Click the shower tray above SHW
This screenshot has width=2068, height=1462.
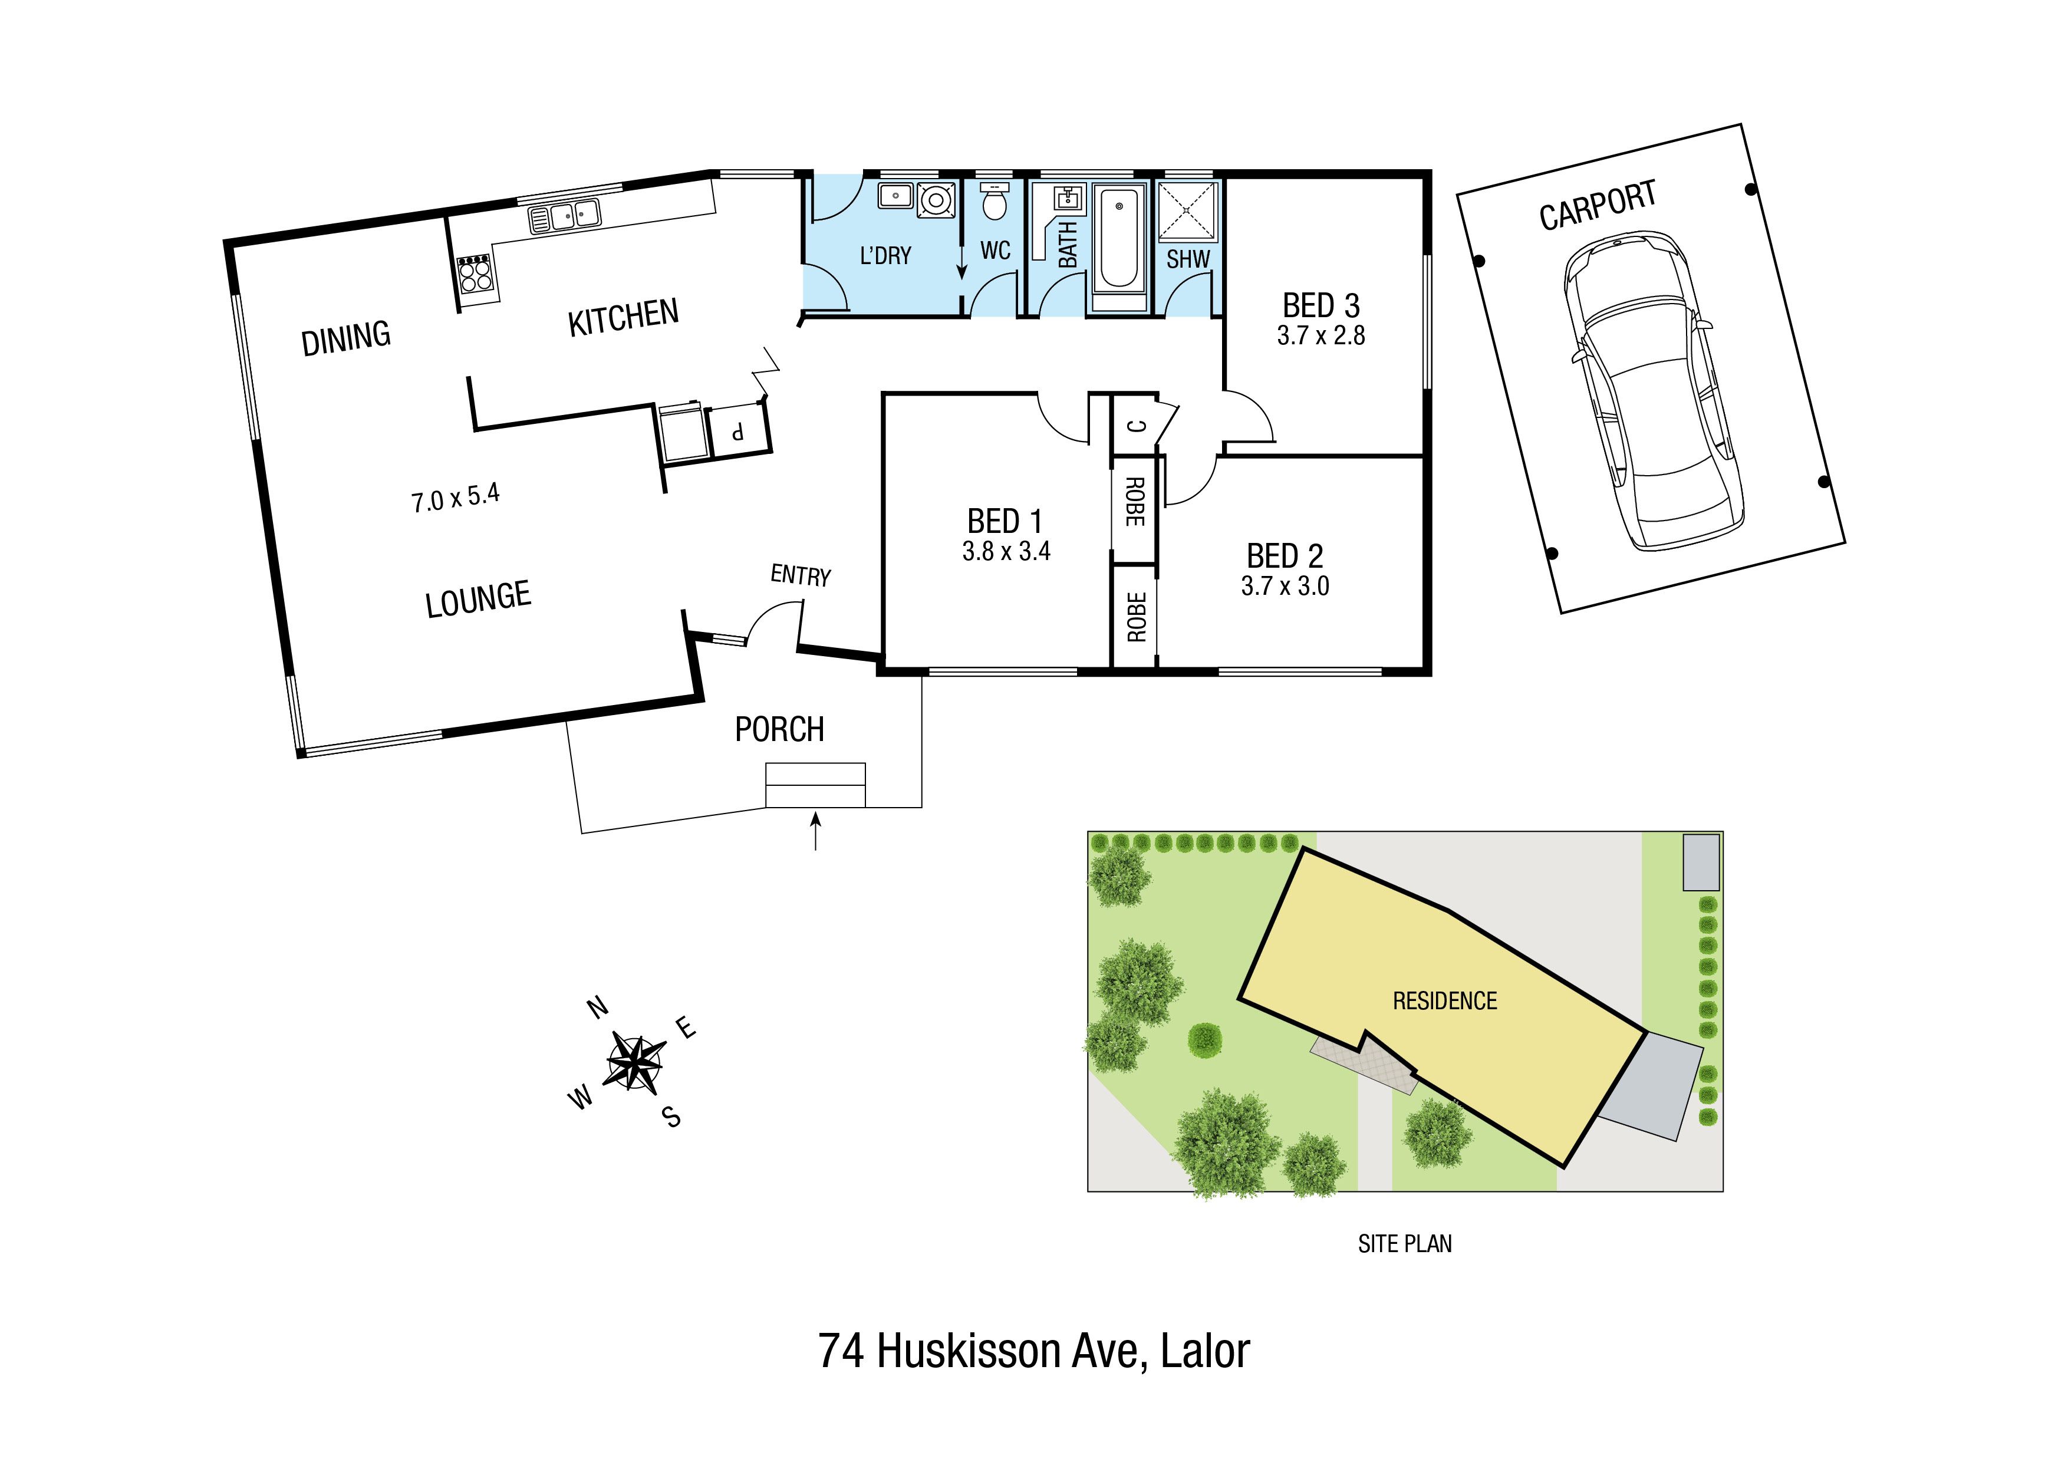[1187, 213]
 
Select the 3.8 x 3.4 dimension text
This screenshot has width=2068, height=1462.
[1006, 551]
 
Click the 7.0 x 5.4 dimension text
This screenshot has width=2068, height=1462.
[455, 497]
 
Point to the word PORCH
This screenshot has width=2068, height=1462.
[779, 729]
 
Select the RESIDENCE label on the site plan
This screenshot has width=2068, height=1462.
[1445, 1001]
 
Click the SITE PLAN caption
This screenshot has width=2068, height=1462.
[1405, 1244]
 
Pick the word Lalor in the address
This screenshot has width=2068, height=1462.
[1205, 1351]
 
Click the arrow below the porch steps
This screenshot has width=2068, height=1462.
[815, 831]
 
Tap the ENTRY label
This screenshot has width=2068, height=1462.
[800, 575]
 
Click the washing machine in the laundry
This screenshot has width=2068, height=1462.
[937, 199]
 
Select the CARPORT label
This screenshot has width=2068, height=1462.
[1597, 205]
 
